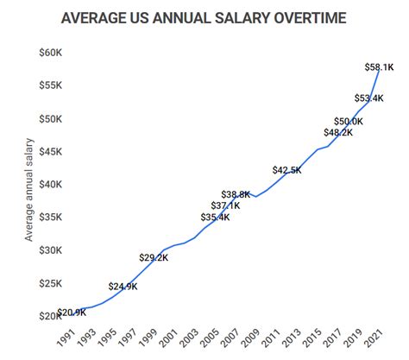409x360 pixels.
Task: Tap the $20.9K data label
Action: (x=72, y=312)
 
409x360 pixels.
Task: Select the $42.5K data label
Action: (x=286, y=170)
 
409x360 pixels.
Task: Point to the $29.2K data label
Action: (x=154, y=257)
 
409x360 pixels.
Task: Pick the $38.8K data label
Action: (x=236, y=194)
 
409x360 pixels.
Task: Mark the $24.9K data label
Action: (x=123, y=286)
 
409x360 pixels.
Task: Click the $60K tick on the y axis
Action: (x=50, y=53)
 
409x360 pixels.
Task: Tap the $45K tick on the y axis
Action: (x=50, y=152)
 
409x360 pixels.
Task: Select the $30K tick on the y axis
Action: (x=50, y=250)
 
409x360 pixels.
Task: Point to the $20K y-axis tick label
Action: (x=50, y=316)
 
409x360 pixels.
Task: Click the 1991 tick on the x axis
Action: (x=65, y=338)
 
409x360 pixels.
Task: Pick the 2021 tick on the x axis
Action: (x=373, y=338)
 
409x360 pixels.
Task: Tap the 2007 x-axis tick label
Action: (x=229, y=338)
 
